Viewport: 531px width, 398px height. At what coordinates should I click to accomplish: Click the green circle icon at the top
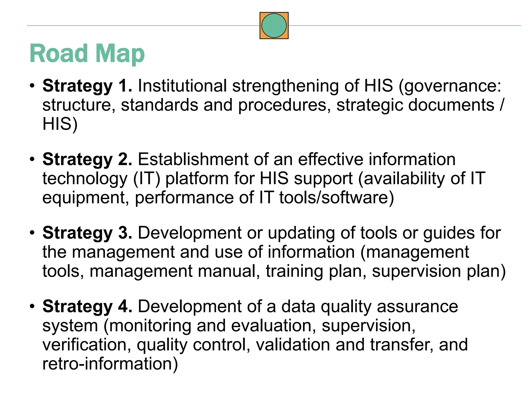click(x=274, y=25)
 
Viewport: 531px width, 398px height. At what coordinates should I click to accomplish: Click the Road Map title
click(x=87, y=53)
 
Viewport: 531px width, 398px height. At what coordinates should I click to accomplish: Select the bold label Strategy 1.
click(x=87, y=86)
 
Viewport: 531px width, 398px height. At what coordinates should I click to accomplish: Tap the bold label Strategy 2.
click(x=87, y=159)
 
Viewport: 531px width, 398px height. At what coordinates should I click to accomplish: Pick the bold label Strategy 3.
click(x=87, y=233)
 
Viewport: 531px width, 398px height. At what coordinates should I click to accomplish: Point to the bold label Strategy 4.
click(x=87, y=306)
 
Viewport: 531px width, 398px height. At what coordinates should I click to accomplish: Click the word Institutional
click(x=182, y=86)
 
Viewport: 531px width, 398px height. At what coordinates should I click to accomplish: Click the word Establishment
click(x=193, y=159)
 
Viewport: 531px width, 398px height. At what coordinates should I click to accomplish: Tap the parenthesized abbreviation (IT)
click(x=147, y=179)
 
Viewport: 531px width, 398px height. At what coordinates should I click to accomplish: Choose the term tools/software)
click(x=336, y=198)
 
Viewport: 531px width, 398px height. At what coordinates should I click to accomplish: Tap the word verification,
click(x=87, y=345)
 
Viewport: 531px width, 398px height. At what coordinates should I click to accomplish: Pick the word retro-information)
click(x=110, y=364)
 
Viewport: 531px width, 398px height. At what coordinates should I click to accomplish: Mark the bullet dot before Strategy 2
click(x=32, y=159)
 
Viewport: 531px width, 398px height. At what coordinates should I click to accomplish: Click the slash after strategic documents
click(x=502, y=105)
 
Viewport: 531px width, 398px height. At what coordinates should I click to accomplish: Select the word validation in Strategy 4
click(x=293, y=345)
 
